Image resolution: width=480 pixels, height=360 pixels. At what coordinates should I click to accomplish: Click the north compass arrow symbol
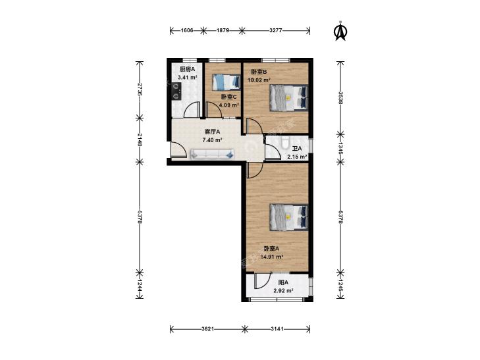coord(340,30)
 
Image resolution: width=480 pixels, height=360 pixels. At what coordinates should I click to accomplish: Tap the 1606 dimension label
coord(187,30)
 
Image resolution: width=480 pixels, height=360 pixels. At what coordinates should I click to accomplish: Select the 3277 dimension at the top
coord(275,30)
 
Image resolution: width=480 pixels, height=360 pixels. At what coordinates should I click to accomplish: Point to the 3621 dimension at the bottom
coord(207,329)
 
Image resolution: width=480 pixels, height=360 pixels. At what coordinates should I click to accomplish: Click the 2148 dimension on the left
coord(140,140)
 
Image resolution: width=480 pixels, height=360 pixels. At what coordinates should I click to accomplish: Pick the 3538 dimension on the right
coord(340,97)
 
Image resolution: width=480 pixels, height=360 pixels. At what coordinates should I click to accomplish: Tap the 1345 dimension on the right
coord(340,149)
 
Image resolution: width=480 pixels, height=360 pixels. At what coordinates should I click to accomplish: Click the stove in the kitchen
coord(176,91)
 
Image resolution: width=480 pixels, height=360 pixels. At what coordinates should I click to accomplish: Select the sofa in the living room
coord(212,154)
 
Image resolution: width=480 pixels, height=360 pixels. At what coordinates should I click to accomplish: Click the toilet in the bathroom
coord(284,142)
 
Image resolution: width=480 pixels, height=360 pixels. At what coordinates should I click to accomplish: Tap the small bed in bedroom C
coord(226,82)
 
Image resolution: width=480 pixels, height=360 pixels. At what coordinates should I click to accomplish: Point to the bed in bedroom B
coord(288,97)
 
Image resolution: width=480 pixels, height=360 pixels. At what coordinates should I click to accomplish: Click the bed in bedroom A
coord(288,217)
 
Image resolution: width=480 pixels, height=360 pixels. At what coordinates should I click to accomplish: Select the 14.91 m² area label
coord(271,257)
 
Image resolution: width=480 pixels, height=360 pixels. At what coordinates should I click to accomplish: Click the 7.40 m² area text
coord(212,140)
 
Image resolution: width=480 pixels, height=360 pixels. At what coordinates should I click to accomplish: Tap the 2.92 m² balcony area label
coord(284,291)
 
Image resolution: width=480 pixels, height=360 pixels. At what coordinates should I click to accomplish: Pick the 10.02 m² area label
coord(259,80)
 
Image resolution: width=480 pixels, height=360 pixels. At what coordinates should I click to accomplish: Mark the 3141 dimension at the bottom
coord(277,329)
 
